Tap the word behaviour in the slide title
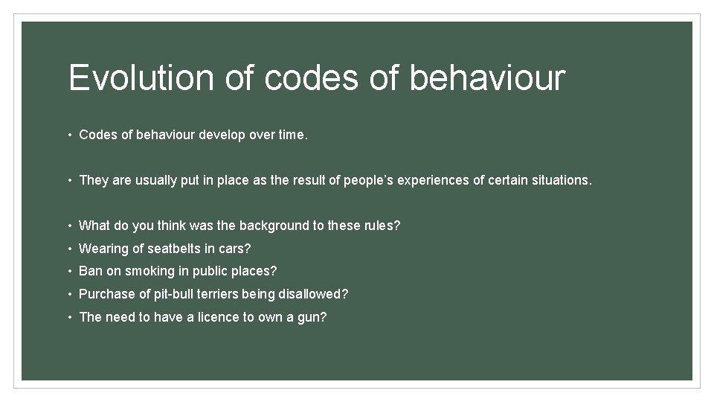(487, 78)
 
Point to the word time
(292, 135)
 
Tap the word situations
(562, 180)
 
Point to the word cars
(234, 249)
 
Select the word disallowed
(312, 294)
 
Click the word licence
(222, 317)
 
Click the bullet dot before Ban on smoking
(70, 271)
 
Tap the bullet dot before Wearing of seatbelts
(70, 249)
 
